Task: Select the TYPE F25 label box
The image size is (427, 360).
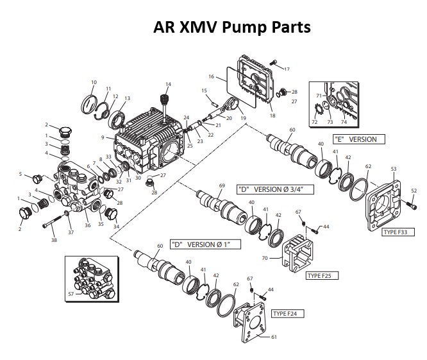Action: (322, 275)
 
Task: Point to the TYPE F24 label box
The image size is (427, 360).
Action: (288, 313)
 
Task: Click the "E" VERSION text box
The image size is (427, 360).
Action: (355, 139)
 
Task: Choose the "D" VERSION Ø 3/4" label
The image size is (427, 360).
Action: (269, 189)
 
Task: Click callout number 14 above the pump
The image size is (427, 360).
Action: (169, 84)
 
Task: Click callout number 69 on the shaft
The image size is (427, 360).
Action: (222, 185)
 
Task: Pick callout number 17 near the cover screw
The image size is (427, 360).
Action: (287, 69)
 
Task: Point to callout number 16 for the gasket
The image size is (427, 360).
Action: (211, 76)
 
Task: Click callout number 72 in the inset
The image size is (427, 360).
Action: (315, 121)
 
